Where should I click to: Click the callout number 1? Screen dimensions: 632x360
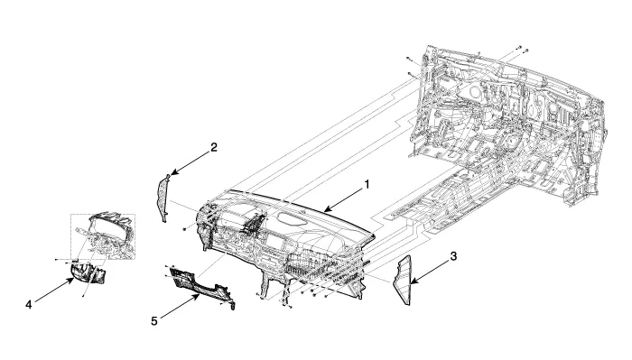point(367,184)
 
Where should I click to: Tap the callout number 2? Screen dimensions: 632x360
point(214,147)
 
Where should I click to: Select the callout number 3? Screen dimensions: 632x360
point(453,256)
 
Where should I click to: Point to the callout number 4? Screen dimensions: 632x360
point(29,305)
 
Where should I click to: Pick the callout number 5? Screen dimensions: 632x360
point(154,321)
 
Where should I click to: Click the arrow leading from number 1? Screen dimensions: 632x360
point(343,200)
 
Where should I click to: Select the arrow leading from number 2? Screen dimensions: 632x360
point(191,163)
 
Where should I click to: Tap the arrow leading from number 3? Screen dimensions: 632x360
point(430,272)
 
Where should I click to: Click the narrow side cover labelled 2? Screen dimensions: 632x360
point(163,198)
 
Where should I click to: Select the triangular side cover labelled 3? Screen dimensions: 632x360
point(403,281)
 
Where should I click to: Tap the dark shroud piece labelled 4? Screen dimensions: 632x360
point(88,272)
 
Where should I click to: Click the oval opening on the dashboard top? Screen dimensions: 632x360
point(293,218)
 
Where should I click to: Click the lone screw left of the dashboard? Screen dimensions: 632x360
point(184,229)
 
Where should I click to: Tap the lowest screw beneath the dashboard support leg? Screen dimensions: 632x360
point(290,307)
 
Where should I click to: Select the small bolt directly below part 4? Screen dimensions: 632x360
point(83,297)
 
